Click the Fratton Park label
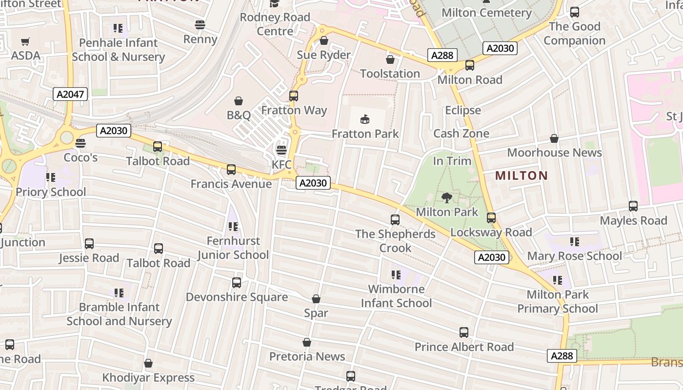pyautogui.click(x=365, y=134)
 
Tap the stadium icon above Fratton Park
pyautogui.click(x=364, y=119)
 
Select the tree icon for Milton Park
pyautogui.click(x=446, y=197)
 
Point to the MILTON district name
pyautogui.click(x=522, y=175)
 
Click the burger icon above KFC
pyautogui.click(x=281, y=150)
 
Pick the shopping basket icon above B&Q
pyautogui.click(x=239, y=101)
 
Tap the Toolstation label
pyautogui.click(x=390, y=74)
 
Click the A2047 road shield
pyautogui.click(x=70, y=94)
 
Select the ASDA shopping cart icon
pyautogui.click(x=25, y=42)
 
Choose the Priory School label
pyautogui.click(x=51, y=192)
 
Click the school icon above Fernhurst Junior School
pyautogui.click(x=233, y=227)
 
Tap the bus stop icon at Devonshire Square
pyautogui.click(x=237, y=282)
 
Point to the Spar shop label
pyautogui.click(x=316, y=313)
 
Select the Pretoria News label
pyautogui.click(x=307, y=356)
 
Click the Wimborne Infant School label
pyautogui.click(x=396, y=296)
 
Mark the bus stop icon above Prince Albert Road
pyautogui.click(x=464, y=332)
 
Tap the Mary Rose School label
pyautogui.click(x=575, y=256)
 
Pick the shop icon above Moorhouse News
pyautogui.click(x=554, y=139)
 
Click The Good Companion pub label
pyautogui.click(x=575, y=33)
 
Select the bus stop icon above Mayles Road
pyautogui.click(x=633, y=206)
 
